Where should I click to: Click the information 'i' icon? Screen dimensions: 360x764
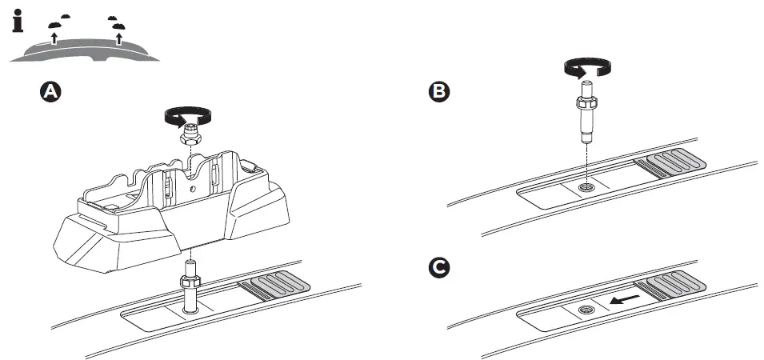coord(18,20)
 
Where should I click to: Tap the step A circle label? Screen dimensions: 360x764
coord(50,92)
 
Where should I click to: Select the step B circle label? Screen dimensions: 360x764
coord(439,92)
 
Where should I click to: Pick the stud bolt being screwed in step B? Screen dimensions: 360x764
coord(586,116)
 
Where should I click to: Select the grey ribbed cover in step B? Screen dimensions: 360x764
coord(671,163)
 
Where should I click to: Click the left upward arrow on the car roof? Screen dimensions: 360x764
coord(54,36)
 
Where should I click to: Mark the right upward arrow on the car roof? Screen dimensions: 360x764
coord(119,36)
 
